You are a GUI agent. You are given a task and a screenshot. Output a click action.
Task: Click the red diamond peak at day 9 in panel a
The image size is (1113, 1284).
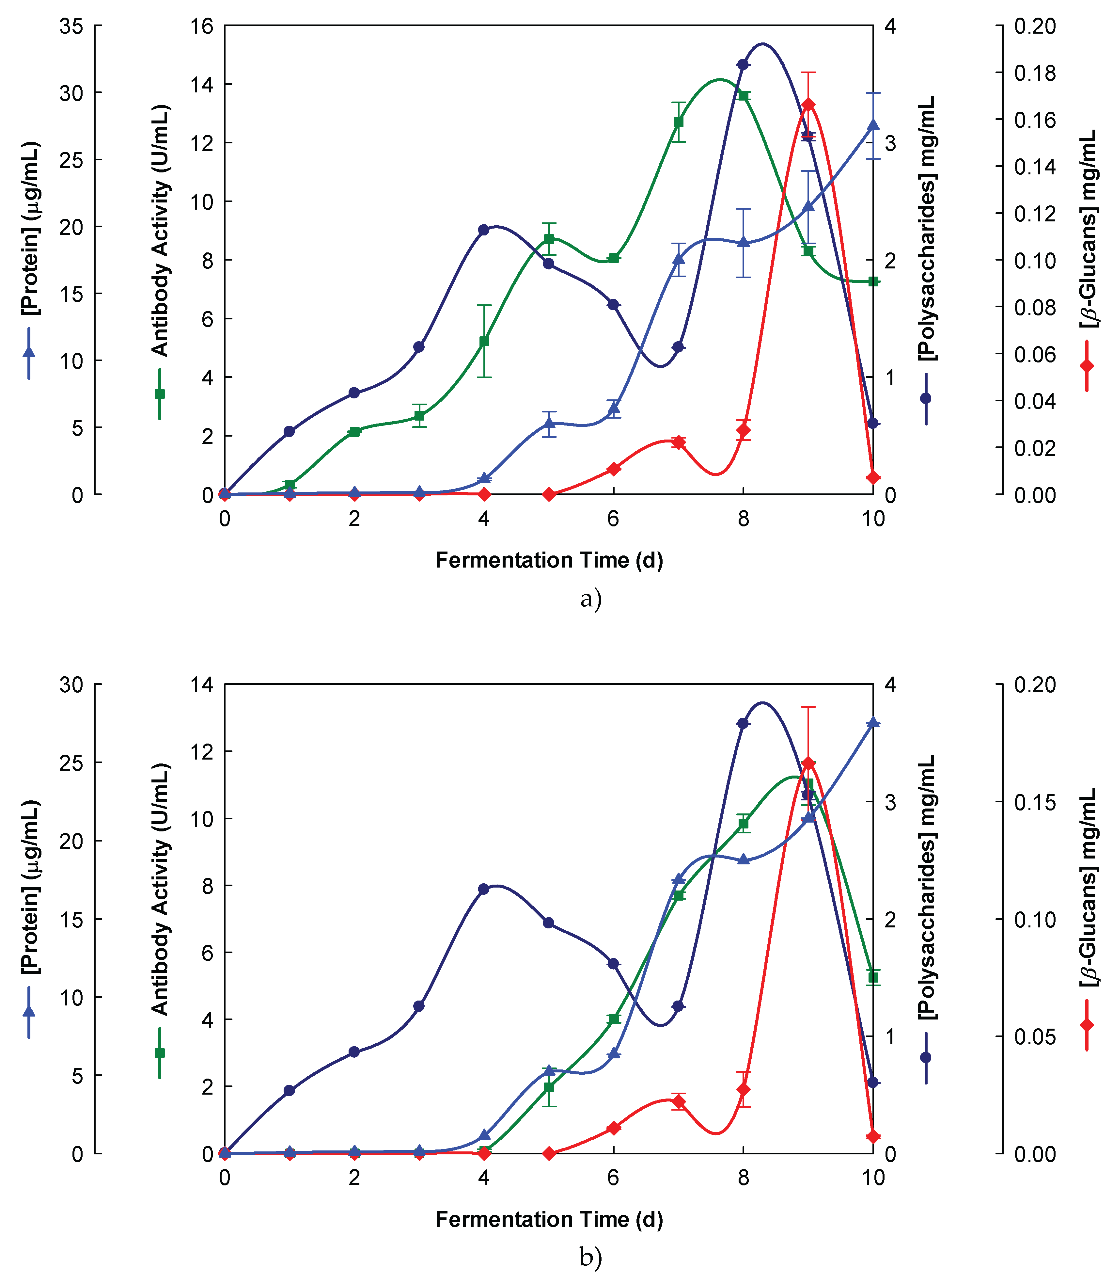808,104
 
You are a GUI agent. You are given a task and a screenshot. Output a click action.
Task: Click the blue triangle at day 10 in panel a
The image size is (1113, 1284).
873,125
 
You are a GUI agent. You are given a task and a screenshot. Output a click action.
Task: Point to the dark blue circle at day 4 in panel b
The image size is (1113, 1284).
484,889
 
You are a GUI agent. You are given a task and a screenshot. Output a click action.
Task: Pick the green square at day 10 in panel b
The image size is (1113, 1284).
873,978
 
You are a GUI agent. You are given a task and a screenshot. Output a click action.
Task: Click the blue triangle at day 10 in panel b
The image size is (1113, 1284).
873,722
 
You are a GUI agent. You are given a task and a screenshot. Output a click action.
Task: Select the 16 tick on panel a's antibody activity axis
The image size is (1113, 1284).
202,26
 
